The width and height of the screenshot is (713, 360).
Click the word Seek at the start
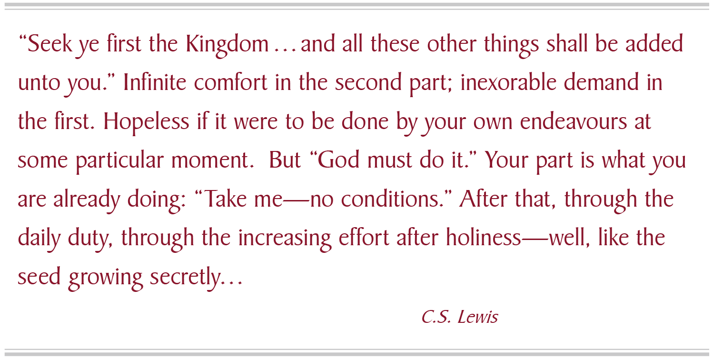click(x=50, y=44)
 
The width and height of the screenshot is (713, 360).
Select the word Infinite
click(x=155, y=82)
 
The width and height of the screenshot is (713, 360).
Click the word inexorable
click(x=508, y=82)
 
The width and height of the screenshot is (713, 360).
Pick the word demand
click(x=601, y=82)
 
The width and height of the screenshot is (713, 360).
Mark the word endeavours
click(x=573, y=121)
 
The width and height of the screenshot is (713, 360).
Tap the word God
click(x=338, y=160)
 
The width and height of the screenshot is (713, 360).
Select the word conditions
click(x=391, y=199)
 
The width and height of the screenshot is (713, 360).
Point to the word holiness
click(x=483, y=237)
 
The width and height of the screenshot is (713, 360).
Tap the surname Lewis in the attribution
click(x=478, y=317)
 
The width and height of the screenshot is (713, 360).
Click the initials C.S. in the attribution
click(x=436, y=317)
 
